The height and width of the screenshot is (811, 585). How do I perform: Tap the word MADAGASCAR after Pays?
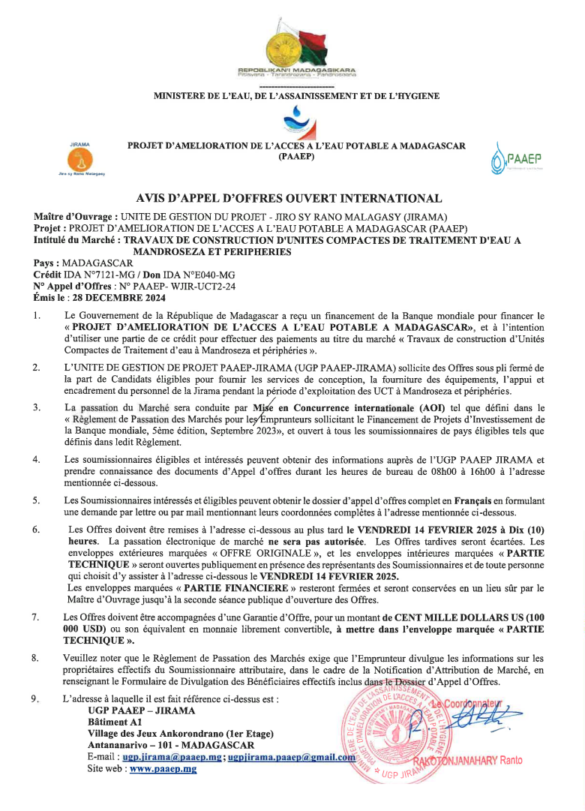[100, 264]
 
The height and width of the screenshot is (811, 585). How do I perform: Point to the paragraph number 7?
[35, 617]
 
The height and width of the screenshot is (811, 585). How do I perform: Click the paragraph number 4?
[35, 458]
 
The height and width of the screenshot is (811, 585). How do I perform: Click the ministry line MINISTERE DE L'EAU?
[296, 96]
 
